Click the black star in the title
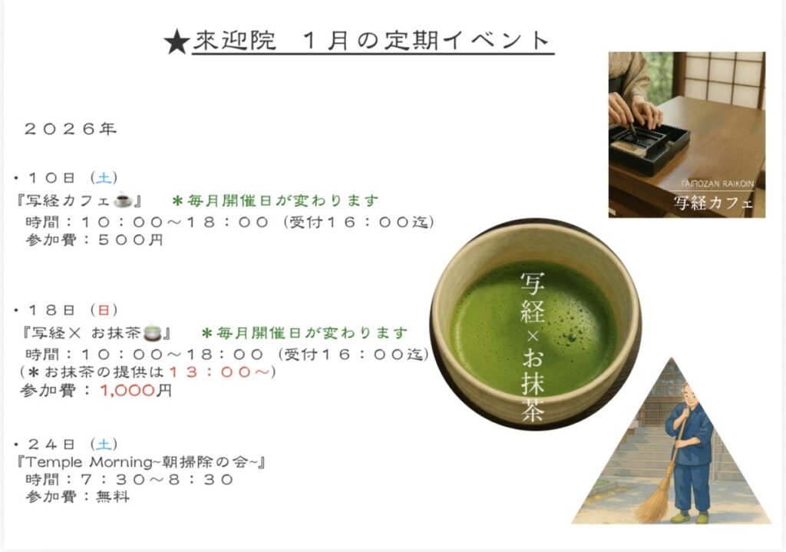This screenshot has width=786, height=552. click(177, 42)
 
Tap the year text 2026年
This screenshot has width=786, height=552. click(70, 129)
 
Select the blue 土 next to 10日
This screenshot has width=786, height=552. click(104, 177)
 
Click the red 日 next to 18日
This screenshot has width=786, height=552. click(104, 310)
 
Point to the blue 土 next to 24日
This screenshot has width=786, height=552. click(104, 445)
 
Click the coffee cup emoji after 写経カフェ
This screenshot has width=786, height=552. click(123, 200)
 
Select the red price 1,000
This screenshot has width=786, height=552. click(127, 390)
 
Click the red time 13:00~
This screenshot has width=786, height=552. click(219, 372)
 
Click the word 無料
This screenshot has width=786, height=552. click(113, 497)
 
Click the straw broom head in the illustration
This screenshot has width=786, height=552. click(652, 503)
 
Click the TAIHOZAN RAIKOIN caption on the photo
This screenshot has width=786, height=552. click(718, 184)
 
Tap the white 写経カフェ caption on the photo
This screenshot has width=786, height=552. click(713, 203)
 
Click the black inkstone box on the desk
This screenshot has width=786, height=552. click(649, 147)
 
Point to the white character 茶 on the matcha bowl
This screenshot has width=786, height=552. click(533, 410)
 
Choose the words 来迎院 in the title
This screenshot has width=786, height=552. click(235, 41)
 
